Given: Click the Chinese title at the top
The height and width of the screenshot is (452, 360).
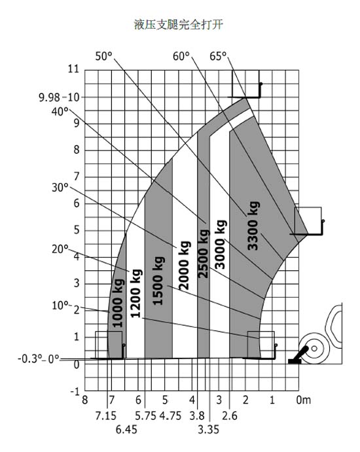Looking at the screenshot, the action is click(179, 24).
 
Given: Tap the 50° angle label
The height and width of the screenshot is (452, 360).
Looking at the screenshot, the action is click(104, 56).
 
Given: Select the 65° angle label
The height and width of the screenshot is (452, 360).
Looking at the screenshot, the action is click(218, 56).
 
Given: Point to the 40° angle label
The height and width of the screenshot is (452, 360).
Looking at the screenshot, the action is click(60, 111).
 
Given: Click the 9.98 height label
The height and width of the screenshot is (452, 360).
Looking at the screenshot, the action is click(49, 97).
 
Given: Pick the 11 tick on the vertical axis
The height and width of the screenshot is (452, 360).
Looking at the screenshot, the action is click(73, 69).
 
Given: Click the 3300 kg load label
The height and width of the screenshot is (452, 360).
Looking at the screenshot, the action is click(253, 226).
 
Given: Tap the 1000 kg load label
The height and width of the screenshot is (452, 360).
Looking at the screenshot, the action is click(118, 303).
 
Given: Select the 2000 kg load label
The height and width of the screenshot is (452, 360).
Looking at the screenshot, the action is click(185, 265).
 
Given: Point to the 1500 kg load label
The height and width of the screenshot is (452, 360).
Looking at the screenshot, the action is click(158, 281).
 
